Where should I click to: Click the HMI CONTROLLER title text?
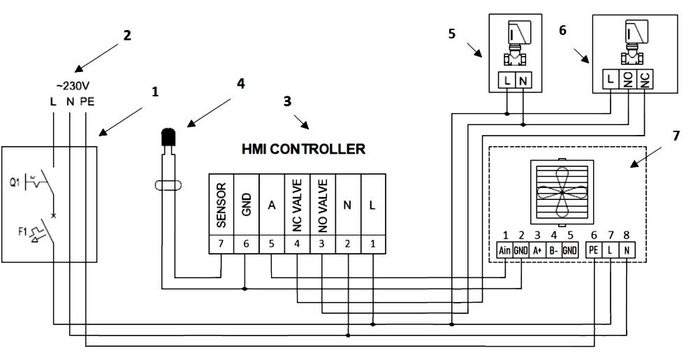(x=302, y=149)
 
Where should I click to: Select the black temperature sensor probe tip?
(x=168, y=138)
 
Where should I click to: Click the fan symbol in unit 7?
(x=564, y=191)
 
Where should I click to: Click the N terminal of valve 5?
(x=523, y=82)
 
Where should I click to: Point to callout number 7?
(x=676, y=135)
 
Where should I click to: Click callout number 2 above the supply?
(x=126, y=35)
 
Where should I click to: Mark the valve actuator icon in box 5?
(x=514, y=43)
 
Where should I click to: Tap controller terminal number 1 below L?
(x=372, y=244)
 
